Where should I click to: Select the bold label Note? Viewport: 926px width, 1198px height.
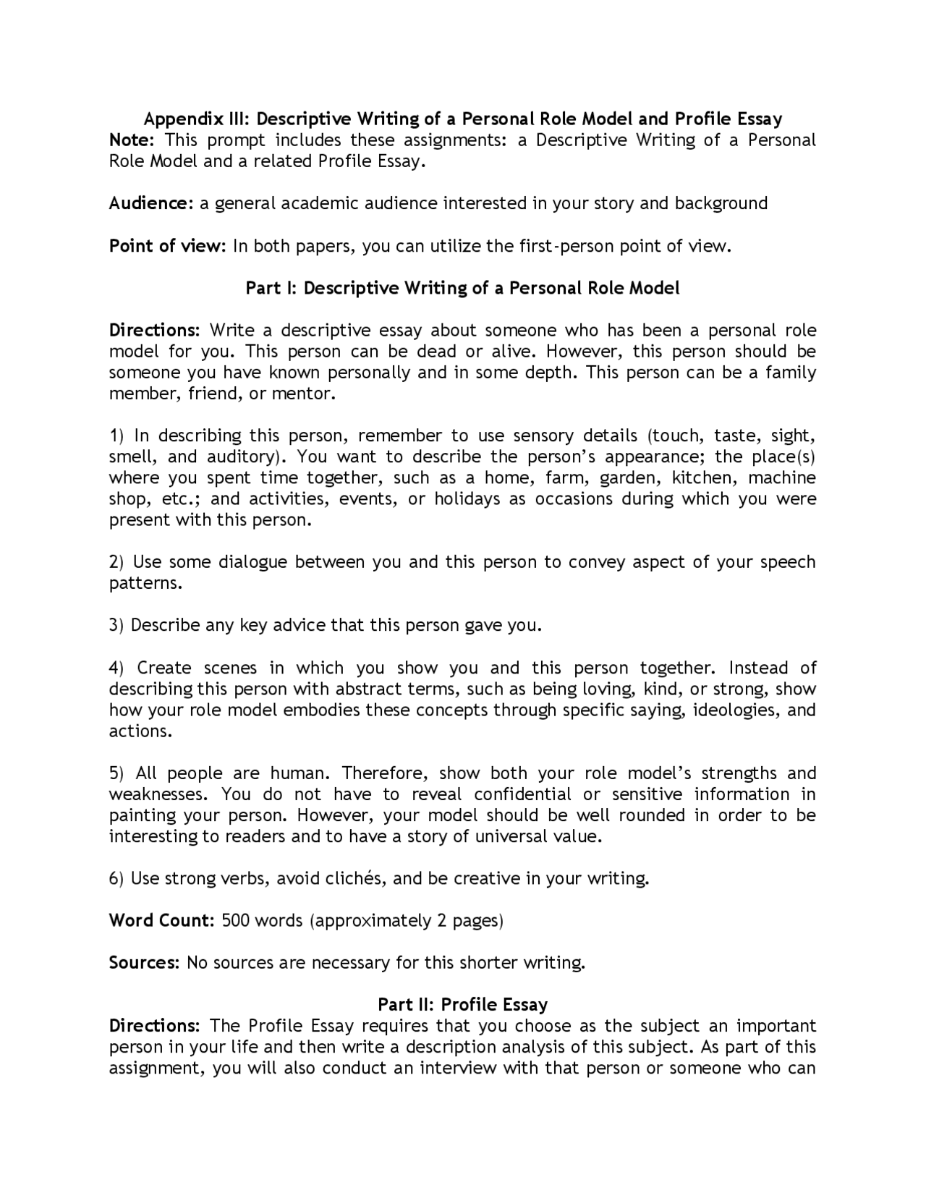point(131,140)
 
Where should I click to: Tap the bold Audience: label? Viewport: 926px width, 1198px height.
point(150,203)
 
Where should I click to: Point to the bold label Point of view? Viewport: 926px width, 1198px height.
point(168,246)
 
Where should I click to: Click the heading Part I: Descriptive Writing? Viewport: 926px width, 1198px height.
point(462,288)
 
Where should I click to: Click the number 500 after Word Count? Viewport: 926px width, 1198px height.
point(236,921)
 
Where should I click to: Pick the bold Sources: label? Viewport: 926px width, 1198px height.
point(144,963)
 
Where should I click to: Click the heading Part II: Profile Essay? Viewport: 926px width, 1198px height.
point(462,1005)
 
